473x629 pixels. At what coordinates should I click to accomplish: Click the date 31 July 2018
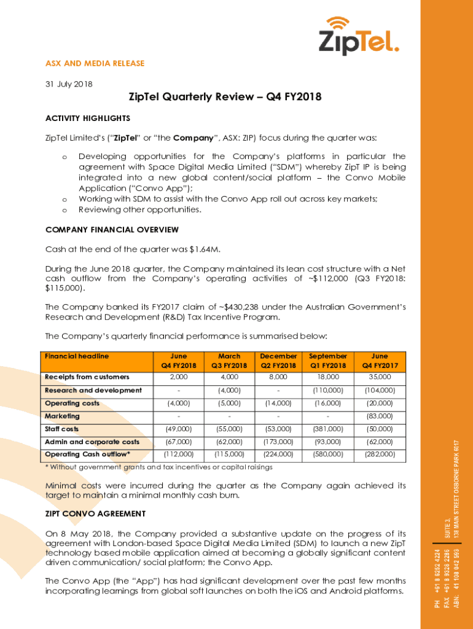click(x=69, y=84)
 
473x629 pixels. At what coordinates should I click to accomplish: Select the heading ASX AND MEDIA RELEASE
click(x=95, y=63)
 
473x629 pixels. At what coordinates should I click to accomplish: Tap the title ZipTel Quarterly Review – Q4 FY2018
click(x=225, y=97)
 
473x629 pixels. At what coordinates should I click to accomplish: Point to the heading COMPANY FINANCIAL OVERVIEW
click(x=112, y=230)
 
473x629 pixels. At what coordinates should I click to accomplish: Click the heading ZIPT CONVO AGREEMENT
click(x=95, y=514)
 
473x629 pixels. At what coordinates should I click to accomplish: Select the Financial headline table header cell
click(x=77, y=356)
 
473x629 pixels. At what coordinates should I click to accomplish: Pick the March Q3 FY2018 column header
click(x=229, y=361)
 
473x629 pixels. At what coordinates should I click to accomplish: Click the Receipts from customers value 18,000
click(x=328, y=377)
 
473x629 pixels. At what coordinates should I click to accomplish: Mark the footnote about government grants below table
click(x=159, y=467)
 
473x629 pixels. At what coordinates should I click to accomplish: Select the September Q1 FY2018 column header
click(x=328, y=361)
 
